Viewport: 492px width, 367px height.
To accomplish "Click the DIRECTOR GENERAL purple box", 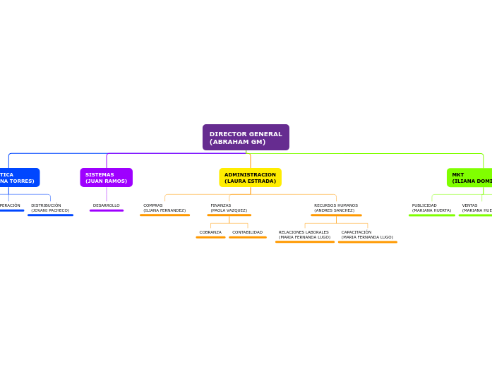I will point(246,137).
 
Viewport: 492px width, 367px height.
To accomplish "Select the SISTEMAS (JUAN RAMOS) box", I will point(106,177).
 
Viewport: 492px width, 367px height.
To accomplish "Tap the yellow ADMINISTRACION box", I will point(250,177).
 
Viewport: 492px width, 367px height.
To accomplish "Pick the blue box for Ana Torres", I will point(18,177).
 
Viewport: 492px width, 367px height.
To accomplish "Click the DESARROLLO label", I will point(107,205).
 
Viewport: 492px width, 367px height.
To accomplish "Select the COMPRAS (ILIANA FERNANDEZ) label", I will point(164,207).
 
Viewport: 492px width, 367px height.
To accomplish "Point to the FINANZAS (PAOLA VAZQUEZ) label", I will point(229,207).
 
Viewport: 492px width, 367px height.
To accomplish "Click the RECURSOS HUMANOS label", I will point(336,207).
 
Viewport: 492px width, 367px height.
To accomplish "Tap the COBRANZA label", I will point(210,232).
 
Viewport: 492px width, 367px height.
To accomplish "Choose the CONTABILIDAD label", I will point(247,232).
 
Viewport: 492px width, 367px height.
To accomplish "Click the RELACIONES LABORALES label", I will point(304,234).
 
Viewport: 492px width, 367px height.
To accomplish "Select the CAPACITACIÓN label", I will point(367,234).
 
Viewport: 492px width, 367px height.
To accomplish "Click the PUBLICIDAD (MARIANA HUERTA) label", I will point(431,207).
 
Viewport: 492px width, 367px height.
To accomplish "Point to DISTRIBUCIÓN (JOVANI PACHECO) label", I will point(50,207).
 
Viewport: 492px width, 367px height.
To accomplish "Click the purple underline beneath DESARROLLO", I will point(107,210).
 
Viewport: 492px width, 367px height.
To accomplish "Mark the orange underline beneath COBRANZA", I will point(210,237).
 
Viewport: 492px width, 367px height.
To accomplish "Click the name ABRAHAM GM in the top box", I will point(238,142).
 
